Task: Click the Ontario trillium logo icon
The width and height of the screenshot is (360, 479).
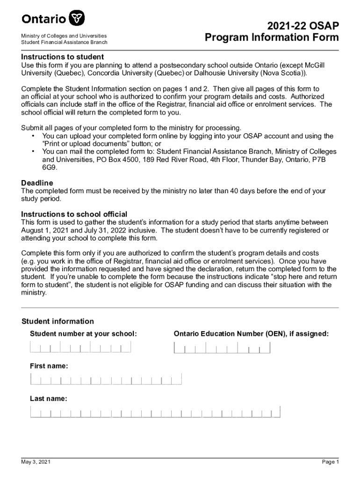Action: click(77, 19)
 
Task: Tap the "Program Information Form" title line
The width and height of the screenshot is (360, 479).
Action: click(272, 38)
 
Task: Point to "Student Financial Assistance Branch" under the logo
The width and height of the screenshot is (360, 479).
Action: click(64, 43)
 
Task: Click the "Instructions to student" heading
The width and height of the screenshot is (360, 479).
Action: click(62, 57)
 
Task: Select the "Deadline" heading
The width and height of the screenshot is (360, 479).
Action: click(37, 182)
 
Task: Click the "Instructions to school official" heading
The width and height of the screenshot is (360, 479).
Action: click(74, 214)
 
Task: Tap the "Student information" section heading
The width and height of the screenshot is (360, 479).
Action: click(58, 321)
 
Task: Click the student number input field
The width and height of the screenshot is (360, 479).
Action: click(80, 347)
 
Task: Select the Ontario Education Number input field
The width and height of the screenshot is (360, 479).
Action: click(222, 348)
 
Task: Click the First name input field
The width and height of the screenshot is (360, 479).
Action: click(106, 379)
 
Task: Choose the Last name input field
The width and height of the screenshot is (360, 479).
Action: click(155, 412)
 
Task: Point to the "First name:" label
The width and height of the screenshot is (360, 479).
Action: click(49, 366)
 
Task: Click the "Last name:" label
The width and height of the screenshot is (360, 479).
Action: click(48, 399)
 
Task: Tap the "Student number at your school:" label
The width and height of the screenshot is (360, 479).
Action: click(83, 334)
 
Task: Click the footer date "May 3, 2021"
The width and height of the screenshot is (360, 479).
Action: click(36, 462)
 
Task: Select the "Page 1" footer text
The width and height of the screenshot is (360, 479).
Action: click(330, 462)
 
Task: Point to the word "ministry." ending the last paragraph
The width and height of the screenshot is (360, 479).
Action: click(34, 293)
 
